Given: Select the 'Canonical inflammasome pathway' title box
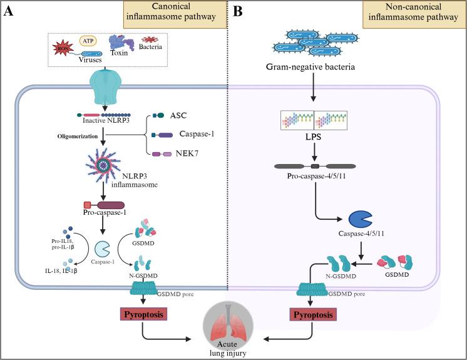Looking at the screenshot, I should click(174, 17).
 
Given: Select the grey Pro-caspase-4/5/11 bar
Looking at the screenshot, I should click(316, 167).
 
